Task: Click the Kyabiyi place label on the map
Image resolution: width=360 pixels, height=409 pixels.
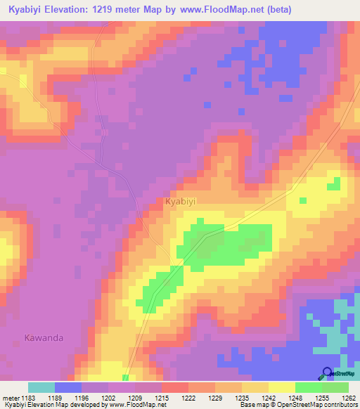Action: tap(180, 202)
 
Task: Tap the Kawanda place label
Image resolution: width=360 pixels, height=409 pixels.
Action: tap(44, 337)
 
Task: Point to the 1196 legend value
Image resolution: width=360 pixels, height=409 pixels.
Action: tap(82, 398)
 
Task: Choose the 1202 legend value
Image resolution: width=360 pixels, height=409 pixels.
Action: tap(108, 398)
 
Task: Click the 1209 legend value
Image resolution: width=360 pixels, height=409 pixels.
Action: tap(135, 398)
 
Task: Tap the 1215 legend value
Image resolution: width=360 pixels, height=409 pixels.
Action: tap(162, 398)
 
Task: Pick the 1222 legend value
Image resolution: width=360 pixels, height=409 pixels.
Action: tap(188, 398)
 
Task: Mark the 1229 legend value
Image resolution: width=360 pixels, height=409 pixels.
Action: tap(215, 398)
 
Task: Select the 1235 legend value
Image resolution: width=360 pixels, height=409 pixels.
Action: tap(242, 398)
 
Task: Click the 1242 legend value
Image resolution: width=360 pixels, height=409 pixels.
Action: tap(269, 398)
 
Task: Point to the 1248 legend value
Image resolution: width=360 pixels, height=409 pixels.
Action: tap(295, 398)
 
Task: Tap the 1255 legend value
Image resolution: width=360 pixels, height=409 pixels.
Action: tap(322, 398)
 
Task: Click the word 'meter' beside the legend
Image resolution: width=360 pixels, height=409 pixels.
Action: tap(10, 398)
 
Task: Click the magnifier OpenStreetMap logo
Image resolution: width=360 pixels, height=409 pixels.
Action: tap(326, 374)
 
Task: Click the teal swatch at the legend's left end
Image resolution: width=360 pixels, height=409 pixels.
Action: tap(41, 387)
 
